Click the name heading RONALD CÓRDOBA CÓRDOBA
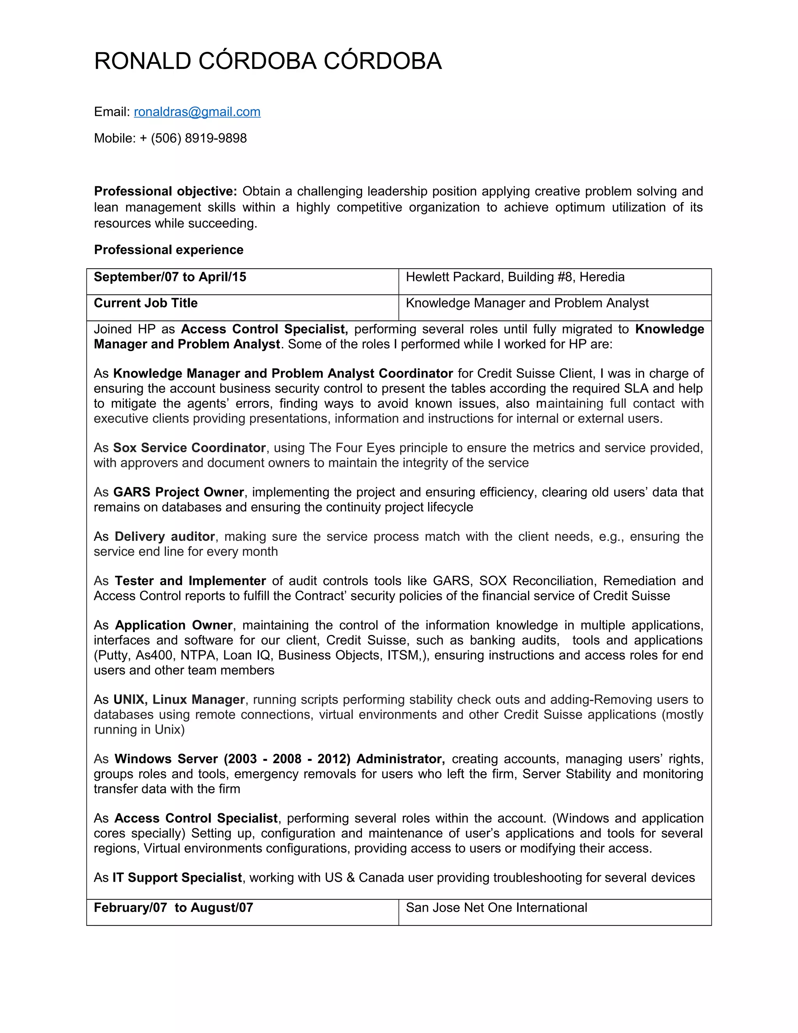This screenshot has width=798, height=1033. (268, 61)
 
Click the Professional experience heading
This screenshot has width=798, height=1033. (168, 250)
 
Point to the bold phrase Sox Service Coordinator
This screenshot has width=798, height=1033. (189, 448)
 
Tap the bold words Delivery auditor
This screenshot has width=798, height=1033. (164, 536)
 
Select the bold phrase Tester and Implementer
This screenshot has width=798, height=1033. (190, 581)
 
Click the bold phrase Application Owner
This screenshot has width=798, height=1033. (173, 625)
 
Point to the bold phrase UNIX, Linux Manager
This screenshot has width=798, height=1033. (179, 700)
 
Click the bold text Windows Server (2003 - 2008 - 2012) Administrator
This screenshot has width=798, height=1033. (279, 759)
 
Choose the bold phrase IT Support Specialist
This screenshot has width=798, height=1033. (177, 877)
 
